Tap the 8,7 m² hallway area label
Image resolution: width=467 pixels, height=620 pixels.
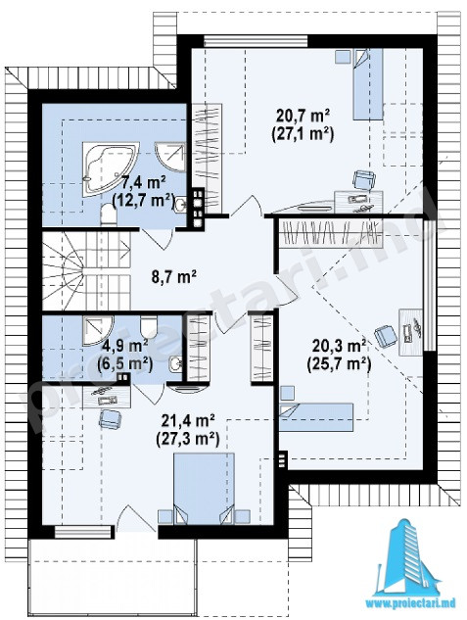[x=174, y=276]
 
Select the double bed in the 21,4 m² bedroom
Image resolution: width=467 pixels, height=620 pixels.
[x=205, y=489]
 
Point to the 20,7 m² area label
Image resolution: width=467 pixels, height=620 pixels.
[x=303, y=117]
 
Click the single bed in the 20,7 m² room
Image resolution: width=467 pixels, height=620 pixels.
[x=368, y=84]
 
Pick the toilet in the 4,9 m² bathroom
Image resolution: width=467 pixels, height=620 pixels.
[x=149, y=326]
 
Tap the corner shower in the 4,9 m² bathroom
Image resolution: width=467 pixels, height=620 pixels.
[x=98, y=330]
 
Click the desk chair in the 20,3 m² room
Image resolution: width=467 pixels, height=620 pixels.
[x=386, y=336]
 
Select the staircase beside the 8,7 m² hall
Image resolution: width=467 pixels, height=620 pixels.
[x=86, y=270]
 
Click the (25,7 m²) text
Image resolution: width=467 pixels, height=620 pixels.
[x=339, y=363]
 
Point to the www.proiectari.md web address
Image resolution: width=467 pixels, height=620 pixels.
[x=410, y=603]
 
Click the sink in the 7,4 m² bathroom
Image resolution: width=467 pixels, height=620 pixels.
[x=181, y=205]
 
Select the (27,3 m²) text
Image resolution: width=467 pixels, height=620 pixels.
[x=188, y=439]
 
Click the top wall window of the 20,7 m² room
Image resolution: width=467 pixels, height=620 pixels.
[x=256, y=41]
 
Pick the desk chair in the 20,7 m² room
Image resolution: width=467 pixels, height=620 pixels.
[x=363, y=180]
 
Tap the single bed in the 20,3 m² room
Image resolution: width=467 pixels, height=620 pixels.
[x=315, y=416]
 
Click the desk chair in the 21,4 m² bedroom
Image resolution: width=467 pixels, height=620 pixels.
[x=111, y=419]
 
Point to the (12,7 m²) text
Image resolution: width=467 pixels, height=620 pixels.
[x=144, y=201]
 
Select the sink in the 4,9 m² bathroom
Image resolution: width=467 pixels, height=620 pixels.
[x=176, y=364]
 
